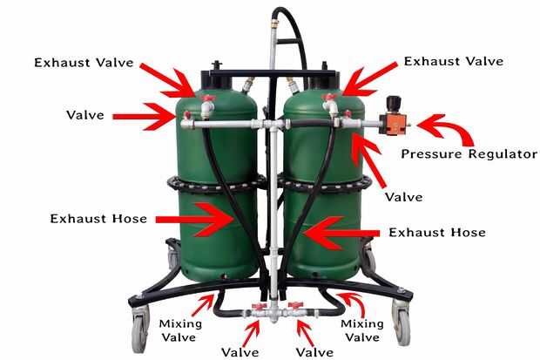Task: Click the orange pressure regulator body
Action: [x=393, y=124]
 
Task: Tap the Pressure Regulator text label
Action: [x=469, y=153]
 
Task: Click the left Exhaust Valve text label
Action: [x=84, y=63]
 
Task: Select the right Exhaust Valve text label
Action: [x=454, y=61]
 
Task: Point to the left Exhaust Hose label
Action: [x=98, y=219]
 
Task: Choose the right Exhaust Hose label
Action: [x=437, y=233]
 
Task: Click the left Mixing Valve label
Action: [x=180, y=330]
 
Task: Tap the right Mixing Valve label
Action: [x=362, y=330]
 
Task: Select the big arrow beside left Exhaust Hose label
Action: [x=195, y=220]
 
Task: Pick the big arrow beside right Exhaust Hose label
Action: [x=341, y=234]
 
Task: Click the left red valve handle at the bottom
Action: [x=260, y=306]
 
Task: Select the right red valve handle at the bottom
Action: [x=295, y=305]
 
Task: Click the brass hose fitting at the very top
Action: [x=274, y=24]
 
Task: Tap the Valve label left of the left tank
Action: [x=85, y=115]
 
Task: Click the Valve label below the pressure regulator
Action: [x=403, y=197]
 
